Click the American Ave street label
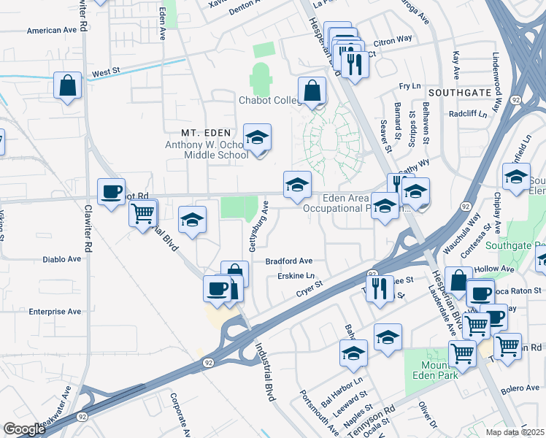click(52, 31)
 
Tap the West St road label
click(106, 72)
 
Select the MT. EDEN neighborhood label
click(207, 133)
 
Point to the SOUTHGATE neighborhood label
click(459, 93)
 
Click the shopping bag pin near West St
click(68, 86)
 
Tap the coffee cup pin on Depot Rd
click(111, 192)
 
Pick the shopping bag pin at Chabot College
click(312, 92)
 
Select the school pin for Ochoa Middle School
click(256, 137)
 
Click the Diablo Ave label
click(62, 258)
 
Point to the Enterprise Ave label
click(55, 311)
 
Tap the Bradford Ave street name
click(288, 261)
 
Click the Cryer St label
click(309, 291)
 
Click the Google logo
click(24, 429)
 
